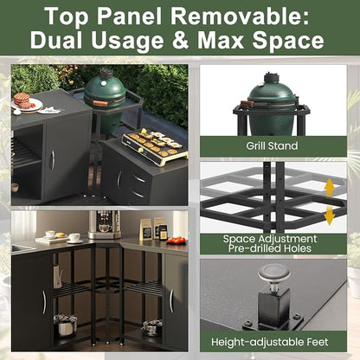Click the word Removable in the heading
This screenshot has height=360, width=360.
tap(240, 16)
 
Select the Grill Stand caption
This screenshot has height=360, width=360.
tap(272, 145)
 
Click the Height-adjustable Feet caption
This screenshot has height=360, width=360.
tap(270, 342)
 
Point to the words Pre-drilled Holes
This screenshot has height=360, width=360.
tap(270, 248)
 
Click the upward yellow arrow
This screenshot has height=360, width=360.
tap(330, 189)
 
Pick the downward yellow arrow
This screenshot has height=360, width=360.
tap(330, 215)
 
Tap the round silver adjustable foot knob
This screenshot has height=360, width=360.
tap(273, 273)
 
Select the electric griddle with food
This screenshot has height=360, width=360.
tap(155, 146)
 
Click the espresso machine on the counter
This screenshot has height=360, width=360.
tap(105, 225)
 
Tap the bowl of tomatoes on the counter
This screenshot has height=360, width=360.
tap(176, 241)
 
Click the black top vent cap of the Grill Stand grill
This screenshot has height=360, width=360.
tap(272, 78)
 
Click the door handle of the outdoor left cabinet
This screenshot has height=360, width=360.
tap(53, 160)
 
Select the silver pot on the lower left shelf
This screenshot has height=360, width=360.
tap(66, 325)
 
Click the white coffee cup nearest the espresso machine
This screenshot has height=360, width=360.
tap(74, 237)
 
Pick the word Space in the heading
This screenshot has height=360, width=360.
tap(288, 41)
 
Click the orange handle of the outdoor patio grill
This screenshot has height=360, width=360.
tap(100, 103)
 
